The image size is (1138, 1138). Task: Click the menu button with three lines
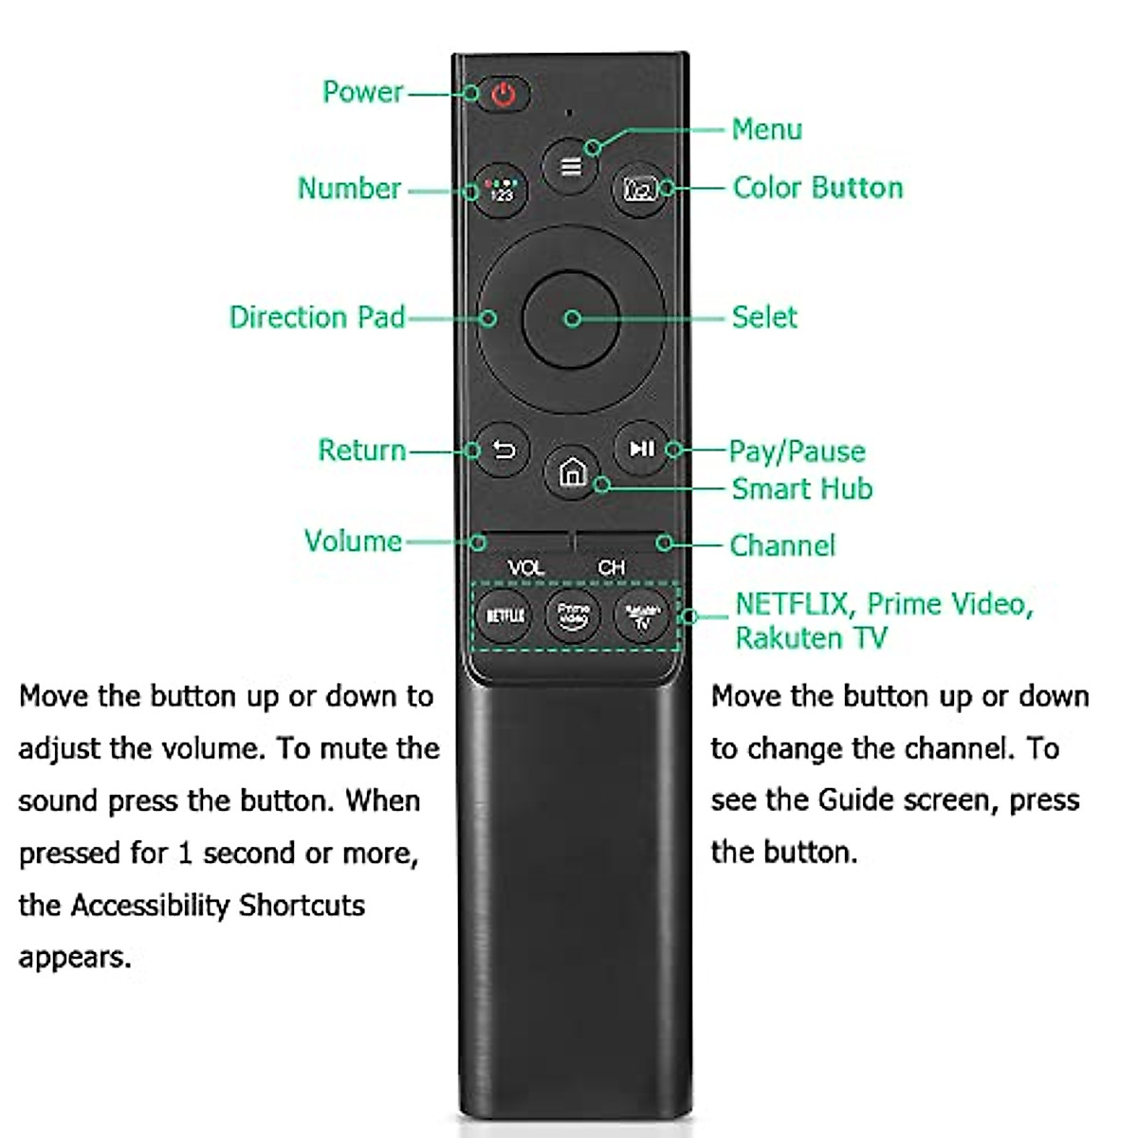570,167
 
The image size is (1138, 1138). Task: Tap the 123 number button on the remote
501,191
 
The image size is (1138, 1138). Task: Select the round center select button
571,319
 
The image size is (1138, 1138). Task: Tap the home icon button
572,471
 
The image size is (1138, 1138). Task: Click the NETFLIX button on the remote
505,615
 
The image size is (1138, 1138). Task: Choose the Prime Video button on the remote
573,615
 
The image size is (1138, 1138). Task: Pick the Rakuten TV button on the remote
642,615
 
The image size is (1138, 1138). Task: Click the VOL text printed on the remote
525,567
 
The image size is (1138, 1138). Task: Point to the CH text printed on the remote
612,567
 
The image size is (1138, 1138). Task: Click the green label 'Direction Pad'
317,317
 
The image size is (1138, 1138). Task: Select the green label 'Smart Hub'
801,489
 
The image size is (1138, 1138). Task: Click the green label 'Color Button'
817,188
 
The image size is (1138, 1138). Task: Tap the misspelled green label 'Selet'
763,317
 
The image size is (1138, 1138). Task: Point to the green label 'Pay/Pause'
797,451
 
